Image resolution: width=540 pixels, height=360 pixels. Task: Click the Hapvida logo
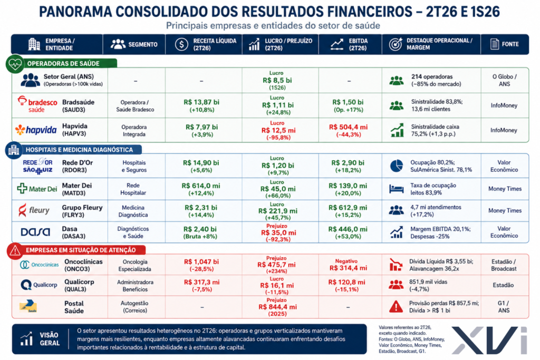[36, 130]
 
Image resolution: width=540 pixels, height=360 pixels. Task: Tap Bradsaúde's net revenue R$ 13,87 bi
[201, 102]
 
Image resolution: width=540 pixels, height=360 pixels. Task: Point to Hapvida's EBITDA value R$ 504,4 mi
[348, 127]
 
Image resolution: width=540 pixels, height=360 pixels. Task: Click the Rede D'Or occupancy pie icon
[397, 166]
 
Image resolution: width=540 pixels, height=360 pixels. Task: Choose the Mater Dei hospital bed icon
[397, 189]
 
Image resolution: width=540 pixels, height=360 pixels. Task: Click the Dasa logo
[35, 232]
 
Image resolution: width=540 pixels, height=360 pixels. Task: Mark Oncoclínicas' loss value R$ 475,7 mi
[276, 265]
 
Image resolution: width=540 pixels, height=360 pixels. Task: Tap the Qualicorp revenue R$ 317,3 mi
[201, 282]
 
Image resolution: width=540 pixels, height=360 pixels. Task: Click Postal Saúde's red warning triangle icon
[396, 306]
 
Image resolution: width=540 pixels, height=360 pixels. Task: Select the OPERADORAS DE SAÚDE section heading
[63, 64]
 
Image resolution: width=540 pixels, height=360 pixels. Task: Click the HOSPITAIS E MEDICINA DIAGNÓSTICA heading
[79, 150]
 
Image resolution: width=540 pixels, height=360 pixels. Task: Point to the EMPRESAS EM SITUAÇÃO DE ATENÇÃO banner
[81, 250]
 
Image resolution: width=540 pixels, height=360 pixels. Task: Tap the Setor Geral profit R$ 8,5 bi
[277, 80]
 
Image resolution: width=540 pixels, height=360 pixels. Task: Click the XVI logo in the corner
[489, 340]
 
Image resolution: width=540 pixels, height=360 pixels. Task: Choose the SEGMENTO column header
[142, 44]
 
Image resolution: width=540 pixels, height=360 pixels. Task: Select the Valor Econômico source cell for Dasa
[504, 232]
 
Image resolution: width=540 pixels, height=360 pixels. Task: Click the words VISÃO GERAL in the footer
[50, 339]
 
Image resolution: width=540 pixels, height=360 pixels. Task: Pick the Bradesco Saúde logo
[37, 104]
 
